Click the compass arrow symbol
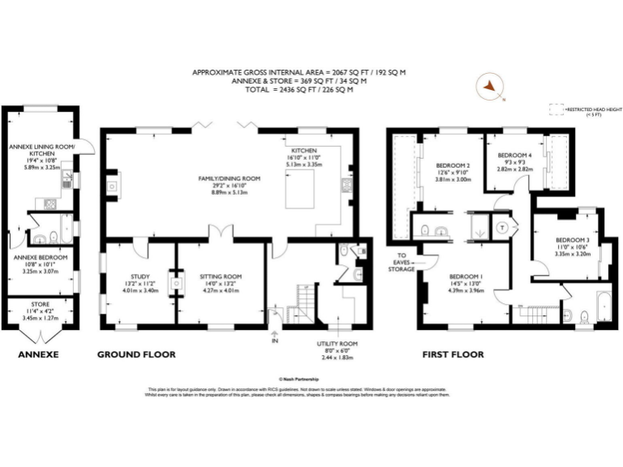tap(490, 87)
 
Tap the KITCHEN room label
tap(304, 151)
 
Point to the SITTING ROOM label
tap(221, 276)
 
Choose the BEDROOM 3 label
tap(572, 240)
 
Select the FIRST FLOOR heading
tap(453, 355)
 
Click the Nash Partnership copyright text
tap(299, 378)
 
